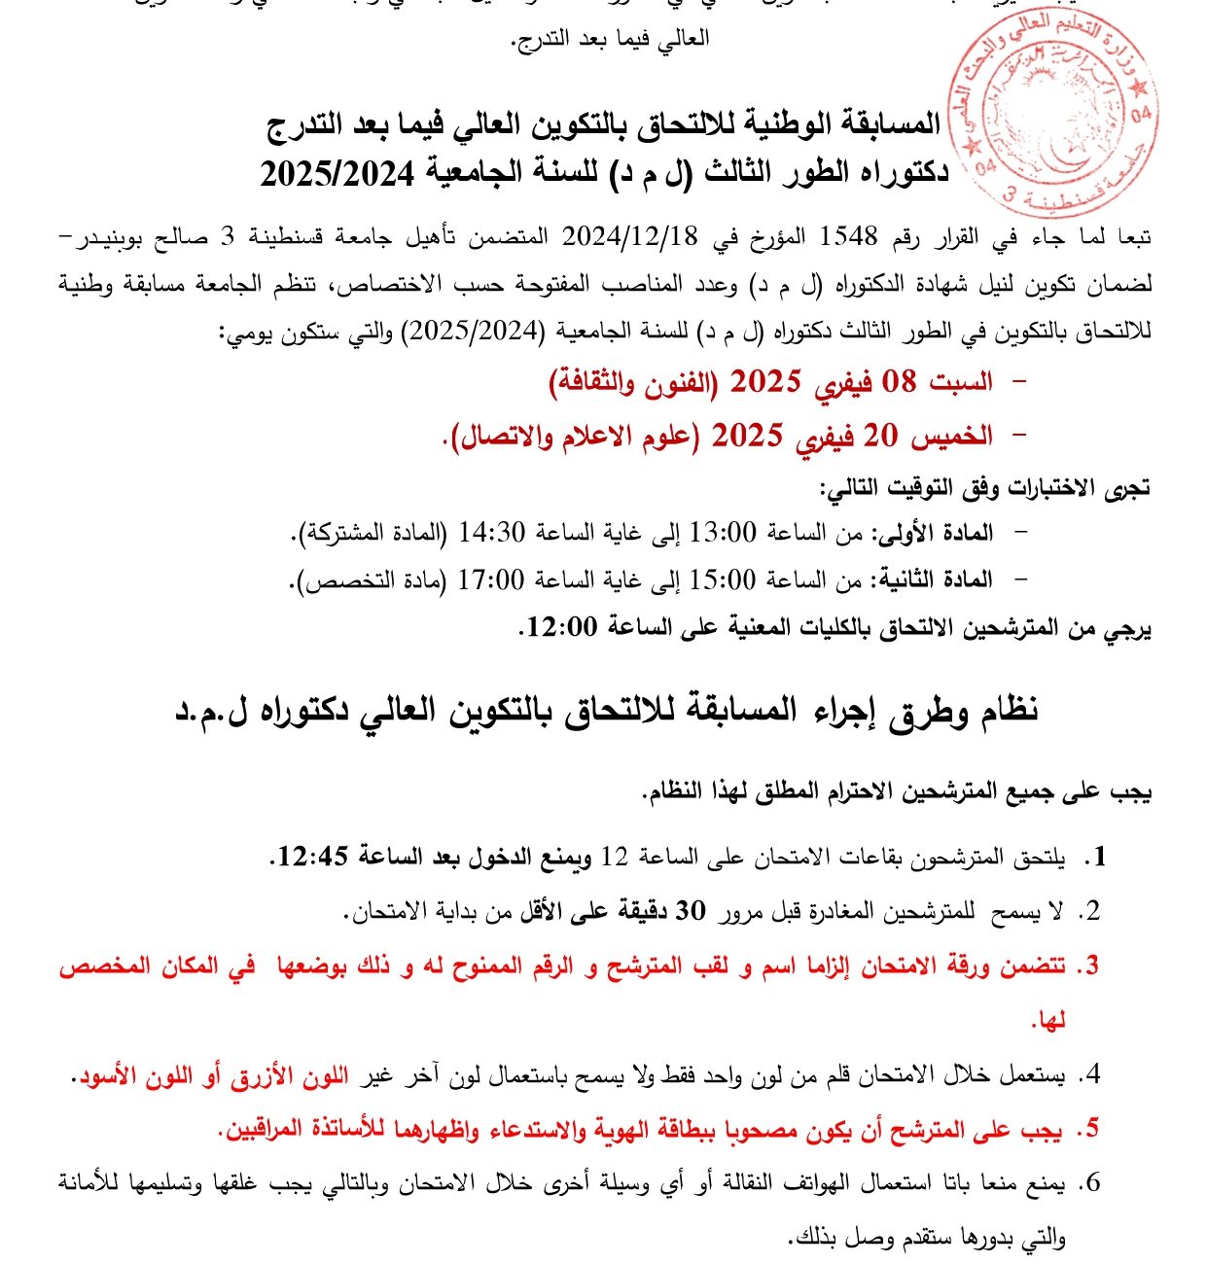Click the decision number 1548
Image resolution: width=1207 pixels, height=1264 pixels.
(849, 236)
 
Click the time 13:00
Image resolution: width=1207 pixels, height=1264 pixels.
(723, 532)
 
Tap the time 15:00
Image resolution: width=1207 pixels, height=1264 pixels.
(723, 579)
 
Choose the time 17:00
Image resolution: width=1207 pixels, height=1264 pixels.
(491, 579)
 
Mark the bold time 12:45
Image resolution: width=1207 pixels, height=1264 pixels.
(313, 857)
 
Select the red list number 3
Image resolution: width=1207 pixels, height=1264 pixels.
(1091, 966)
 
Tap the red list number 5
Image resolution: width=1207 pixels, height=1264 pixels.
(1091, 1129)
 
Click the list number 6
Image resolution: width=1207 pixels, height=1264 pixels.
(1091, 1183)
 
